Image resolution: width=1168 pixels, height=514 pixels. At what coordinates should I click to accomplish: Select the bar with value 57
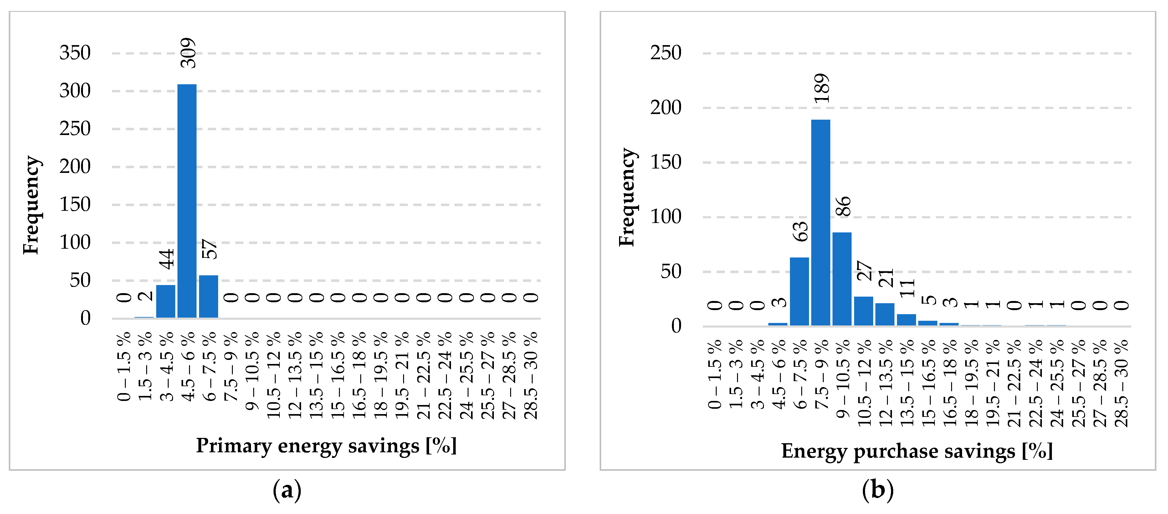[x=208, y=296]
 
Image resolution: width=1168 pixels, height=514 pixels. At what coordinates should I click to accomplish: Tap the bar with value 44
[x=166, y=301]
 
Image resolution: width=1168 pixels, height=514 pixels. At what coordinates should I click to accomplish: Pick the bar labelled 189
[x=820, y=222]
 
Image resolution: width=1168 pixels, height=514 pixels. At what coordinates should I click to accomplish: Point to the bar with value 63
[x=799, y=291]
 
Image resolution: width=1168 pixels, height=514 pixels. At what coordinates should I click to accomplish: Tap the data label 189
[x=821, y=88]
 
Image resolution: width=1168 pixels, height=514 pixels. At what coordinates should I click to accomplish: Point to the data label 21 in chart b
[x=885, y=278]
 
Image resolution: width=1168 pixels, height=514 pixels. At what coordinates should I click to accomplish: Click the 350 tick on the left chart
[x=75, y=53]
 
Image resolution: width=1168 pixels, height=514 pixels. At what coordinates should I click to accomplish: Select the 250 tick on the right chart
[x=666, y=53]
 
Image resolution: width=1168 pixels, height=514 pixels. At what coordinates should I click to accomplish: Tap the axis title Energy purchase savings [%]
[x=917, y=451]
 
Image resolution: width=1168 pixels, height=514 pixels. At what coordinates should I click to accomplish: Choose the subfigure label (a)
[x=287, y=490]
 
